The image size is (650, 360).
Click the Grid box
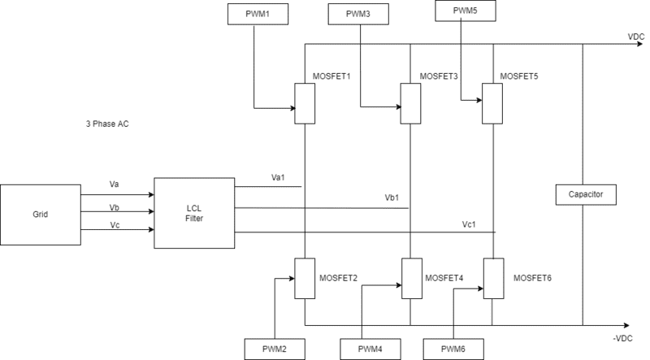coord(40,215)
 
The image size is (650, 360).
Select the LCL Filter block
coord(193,213)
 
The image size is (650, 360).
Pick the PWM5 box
coord(466,11)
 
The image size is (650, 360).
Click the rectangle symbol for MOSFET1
coord(305,103)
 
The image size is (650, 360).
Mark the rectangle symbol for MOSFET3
coord(411,103)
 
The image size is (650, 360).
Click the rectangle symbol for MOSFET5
coord(493,103)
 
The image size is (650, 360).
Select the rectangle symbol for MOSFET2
coord(305,278)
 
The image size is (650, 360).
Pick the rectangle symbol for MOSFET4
coord(411,278)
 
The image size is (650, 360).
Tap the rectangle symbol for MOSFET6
coord(493,278)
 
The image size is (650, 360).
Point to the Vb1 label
coord(393,198)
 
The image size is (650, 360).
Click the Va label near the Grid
coord(115,184)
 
